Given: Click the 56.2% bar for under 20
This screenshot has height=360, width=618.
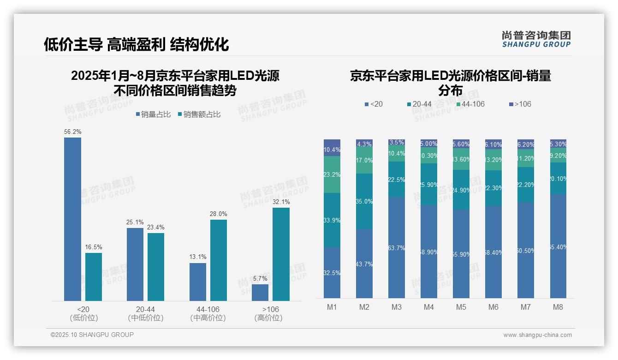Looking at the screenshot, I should [x=72, y=219].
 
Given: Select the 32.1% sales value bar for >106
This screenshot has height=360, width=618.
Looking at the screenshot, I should [x=281, y=254].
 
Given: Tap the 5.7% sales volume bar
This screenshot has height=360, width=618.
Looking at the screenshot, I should [x=260, y=293].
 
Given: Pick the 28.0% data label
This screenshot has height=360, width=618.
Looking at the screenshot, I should [x=219, y=214].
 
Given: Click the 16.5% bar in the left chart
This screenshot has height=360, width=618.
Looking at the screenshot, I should [x=94, y=277].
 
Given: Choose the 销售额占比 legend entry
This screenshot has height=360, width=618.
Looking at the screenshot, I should [x=199, y=114].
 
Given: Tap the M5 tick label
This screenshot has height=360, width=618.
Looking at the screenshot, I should [x=461, y=307].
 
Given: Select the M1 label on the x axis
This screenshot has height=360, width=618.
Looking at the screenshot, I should [x=332, y=307].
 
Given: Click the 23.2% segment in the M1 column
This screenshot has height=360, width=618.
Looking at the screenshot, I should [x=332, y=174].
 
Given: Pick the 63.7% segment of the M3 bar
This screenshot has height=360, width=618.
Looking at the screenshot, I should [x=397, y=248].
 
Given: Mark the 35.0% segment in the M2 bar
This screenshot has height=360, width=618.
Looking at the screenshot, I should [x=364, y=201].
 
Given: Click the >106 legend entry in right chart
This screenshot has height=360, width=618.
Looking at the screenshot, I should [x=520, y=104].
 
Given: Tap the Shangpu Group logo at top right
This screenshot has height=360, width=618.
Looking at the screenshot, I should [x=536, y=39].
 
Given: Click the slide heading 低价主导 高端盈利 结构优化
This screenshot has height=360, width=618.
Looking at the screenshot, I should [x=137, y=44].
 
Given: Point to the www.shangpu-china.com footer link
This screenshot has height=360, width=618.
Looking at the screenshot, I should [x=537, y=335].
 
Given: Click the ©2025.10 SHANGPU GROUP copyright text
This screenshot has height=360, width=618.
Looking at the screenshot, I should [x=92, y=335].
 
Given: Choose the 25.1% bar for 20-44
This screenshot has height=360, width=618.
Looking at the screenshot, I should [x=135, y=264].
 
